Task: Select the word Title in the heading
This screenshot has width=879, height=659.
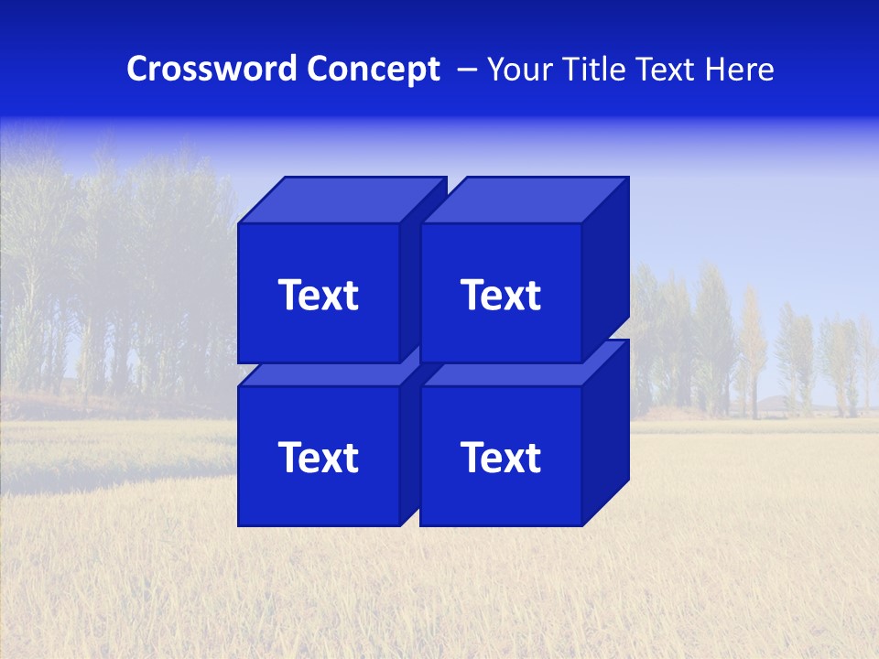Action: pos(593,70)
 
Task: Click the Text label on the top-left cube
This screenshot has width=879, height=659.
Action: pos(318,296)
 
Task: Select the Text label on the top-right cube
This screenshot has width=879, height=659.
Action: pos(500,296)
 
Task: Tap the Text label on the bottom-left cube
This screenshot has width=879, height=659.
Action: pos(318,458)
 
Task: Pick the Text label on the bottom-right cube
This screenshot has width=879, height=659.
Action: pos(500,458)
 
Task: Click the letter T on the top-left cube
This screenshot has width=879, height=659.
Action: pos(291,296)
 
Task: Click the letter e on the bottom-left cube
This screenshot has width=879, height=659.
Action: pos(311,460)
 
